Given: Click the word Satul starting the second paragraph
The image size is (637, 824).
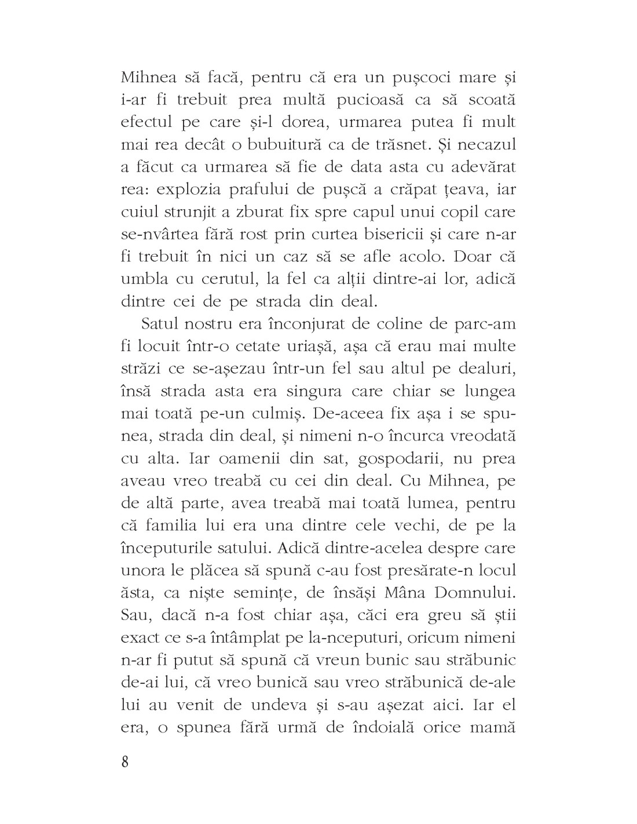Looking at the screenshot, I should pos(159,324).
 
